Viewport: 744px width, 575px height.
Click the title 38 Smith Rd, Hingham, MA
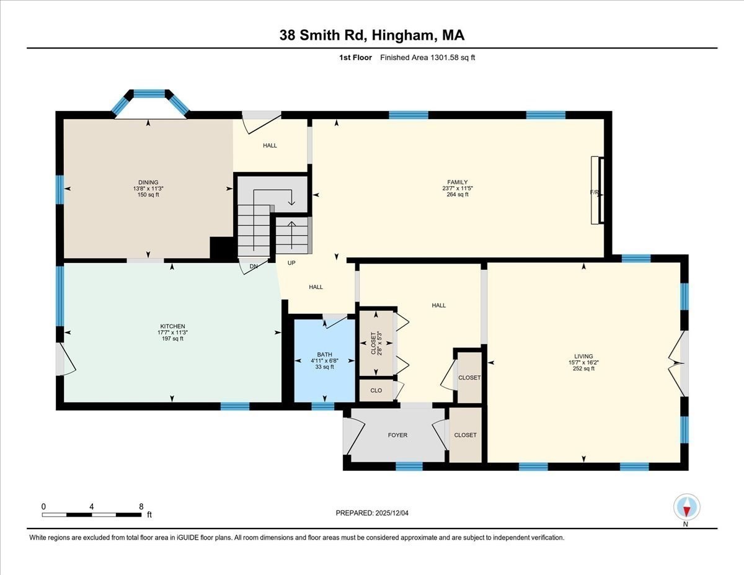click(372, 36)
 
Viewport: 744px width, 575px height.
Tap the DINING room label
click(148, 182)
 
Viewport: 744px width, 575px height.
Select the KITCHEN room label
click(172, 326)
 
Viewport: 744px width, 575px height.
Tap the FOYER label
click(397, 435)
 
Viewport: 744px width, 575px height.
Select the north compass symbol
click(686, 507)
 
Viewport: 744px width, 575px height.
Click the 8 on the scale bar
click(141, 506)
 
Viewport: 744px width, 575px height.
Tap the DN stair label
click(254, 266)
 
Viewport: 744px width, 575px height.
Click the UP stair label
click(291, 263)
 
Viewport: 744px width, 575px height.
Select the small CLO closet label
click(376, 390)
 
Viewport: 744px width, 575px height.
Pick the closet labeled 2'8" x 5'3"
click(376, 342)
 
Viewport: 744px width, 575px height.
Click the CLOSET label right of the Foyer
click(465, 435)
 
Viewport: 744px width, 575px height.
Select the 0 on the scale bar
click(43, 506)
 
